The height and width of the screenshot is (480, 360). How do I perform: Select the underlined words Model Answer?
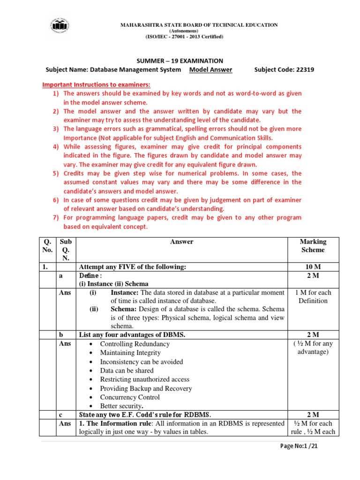tap(210, 70)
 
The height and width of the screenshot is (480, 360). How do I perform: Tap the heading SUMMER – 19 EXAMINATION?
tap(180, 61)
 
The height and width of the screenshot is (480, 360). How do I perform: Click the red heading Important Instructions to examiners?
tap(96, 84)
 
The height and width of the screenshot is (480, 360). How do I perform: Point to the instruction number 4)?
tap(56, 147)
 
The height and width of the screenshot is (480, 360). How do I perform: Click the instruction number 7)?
tap(56, 217)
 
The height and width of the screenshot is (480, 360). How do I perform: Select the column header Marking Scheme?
tap(313, 246)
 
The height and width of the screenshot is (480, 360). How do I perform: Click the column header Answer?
tap(181, 242)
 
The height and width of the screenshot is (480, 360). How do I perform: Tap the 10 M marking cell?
tap(313, 267)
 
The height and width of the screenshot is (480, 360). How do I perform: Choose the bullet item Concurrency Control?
tap(130, 397)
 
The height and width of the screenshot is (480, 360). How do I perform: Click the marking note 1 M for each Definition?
tap(313, 296)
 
